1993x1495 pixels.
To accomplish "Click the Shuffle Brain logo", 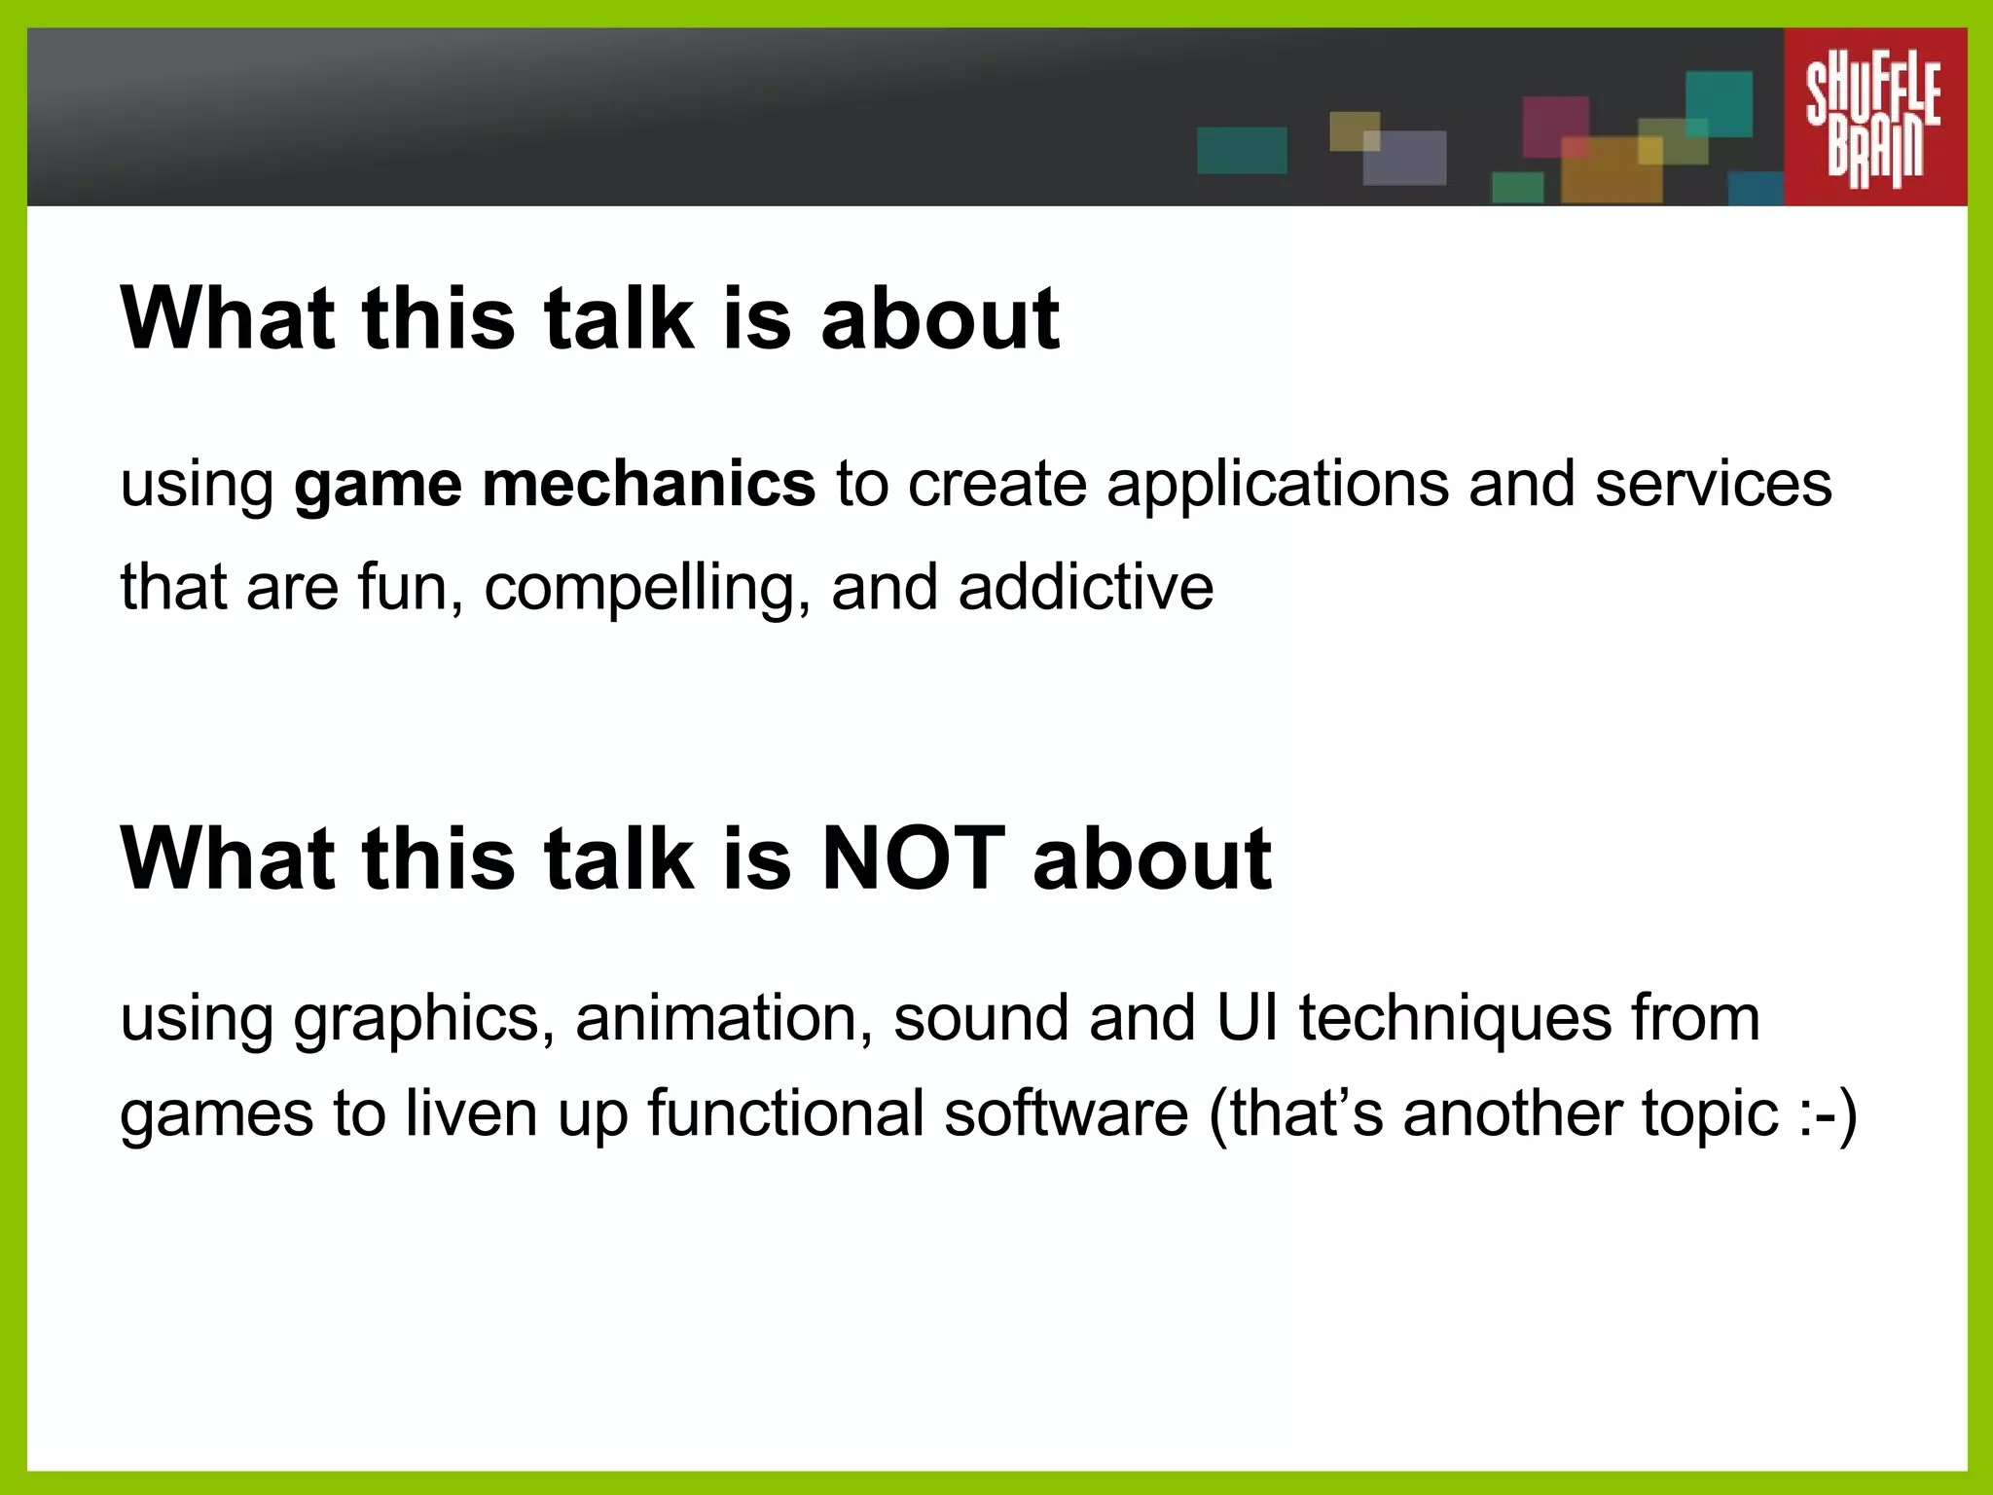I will [x=1874, y=117].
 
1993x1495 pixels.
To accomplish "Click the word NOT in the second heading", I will [x=913, y=857].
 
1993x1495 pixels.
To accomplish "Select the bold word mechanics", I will [x=648, y=484].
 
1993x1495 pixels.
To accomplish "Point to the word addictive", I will [x=1085, y=587].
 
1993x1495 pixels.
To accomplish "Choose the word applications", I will [x=1277, y=486].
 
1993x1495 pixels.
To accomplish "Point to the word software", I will [x=1066, y=1112].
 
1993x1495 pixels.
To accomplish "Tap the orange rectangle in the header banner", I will [x=1611, y=171].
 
